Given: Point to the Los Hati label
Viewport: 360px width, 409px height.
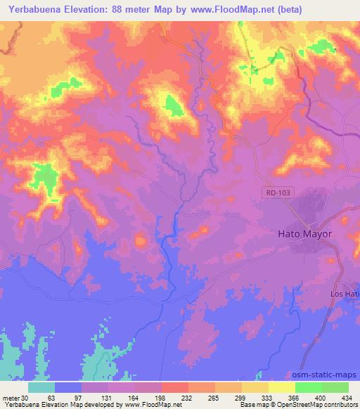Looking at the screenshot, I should point(345,292).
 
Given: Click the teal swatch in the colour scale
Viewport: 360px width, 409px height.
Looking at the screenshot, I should point(41,387).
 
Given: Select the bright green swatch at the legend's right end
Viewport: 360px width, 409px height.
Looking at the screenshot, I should point(335,387).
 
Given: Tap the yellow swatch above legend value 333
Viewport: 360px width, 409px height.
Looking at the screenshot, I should point(255,387).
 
